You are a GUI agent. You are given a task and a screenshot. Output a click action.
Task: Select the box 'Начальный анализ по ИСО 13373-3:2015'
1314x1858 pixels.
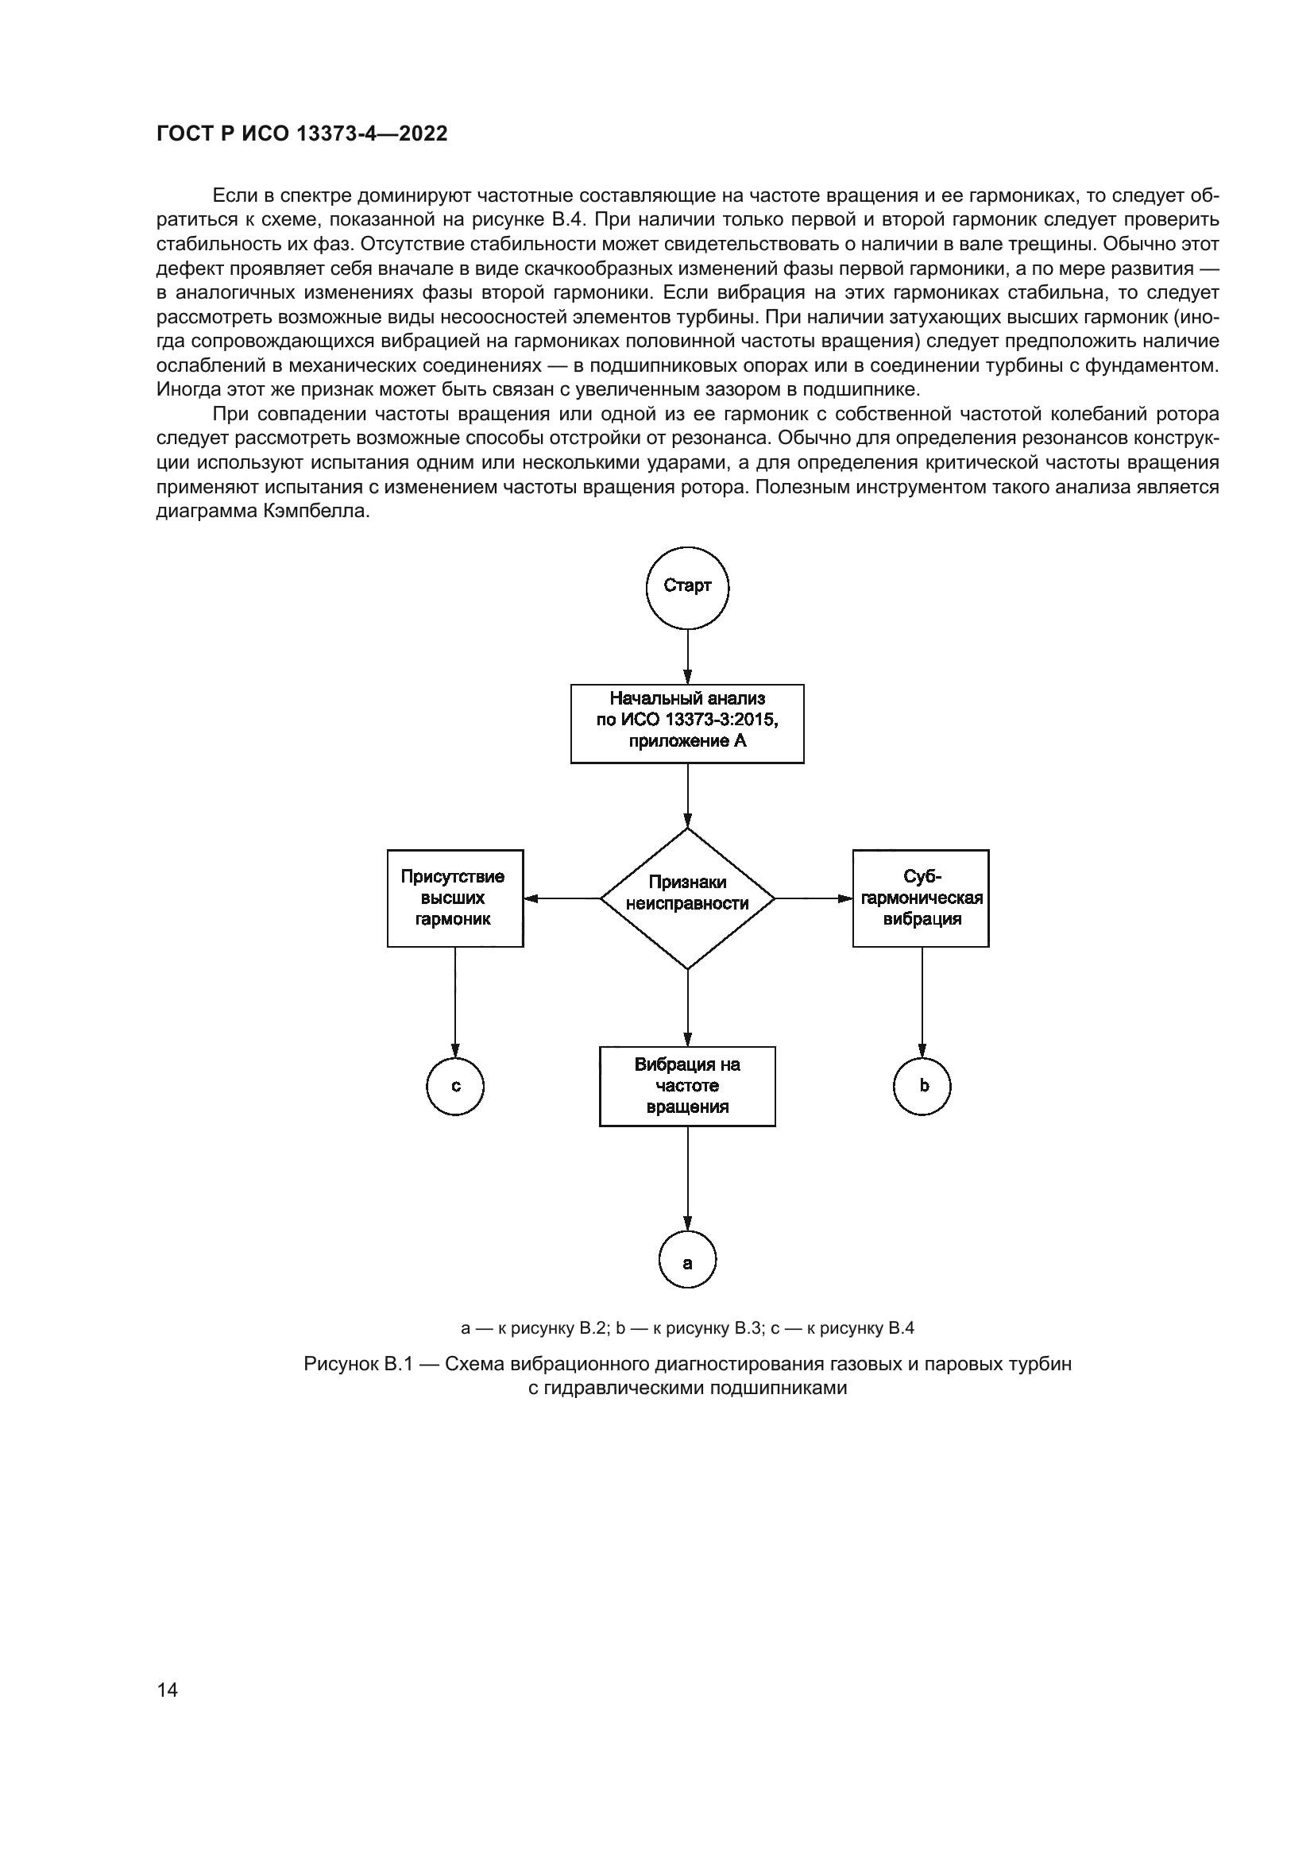pyautogui.click(x=687, y=723)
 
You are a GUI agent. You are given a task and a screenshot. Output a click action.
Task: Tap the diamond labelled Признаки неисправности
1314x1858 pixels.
pyautogui.click(x=687, y=898)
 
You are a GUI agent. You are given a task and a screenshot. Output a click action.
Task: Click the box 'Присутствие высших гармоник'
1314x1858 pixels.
pyautogui.click(x=454, y=898)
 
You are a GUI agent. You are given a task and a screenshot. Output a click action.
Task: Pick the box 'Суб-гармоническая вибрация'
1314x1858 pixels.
pyautogui.click(x=921, y=898)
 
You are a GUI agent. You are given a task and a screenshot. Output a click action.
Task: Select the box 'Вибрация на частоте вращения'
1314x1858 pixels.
pyautogui.click(x=687, y=1086)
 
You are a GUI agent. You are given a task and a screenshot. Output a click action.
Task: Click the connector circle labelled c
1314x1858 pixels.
pyautogui.click(x=454, y=1086)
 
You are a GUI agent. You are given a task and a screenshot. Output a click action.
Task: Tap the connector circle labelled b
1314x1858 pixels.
pyautogui.click(x=922, y=1086)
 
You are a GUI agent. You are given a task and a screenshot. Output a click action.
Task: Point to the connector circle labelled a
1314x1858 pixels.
pyautogui.click(x=688, y=1260)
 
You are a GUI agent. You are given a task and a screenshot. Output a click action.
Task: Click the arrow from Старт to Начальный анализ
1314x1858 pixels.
pyautogui.click(x=688, y=656)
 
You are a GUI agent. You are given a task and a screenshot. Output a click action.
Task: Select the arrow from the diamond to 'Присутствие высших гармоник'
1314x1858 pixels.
pyautogui.click(x=562, y=898)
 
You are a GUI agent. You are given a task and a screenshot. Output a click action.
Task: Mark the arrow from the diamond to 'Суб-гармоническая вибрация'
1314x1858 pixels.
pyautogui.click(x=814, y=898)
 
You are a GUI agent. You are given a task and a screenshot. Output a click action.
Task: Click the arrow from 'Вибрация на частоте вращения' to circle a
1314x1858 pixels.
pyautogui.click(x=688, y=1178)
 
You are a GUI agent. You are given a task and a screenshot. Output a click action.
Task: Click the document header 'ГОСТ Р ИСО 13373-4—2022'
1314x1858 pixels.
pyautogui.click(x=302, y=134)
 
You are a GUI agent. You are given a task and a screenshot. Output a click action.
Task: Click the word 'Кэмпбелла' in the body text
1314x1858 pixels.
pyautogui.click(x=316, y=512)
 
